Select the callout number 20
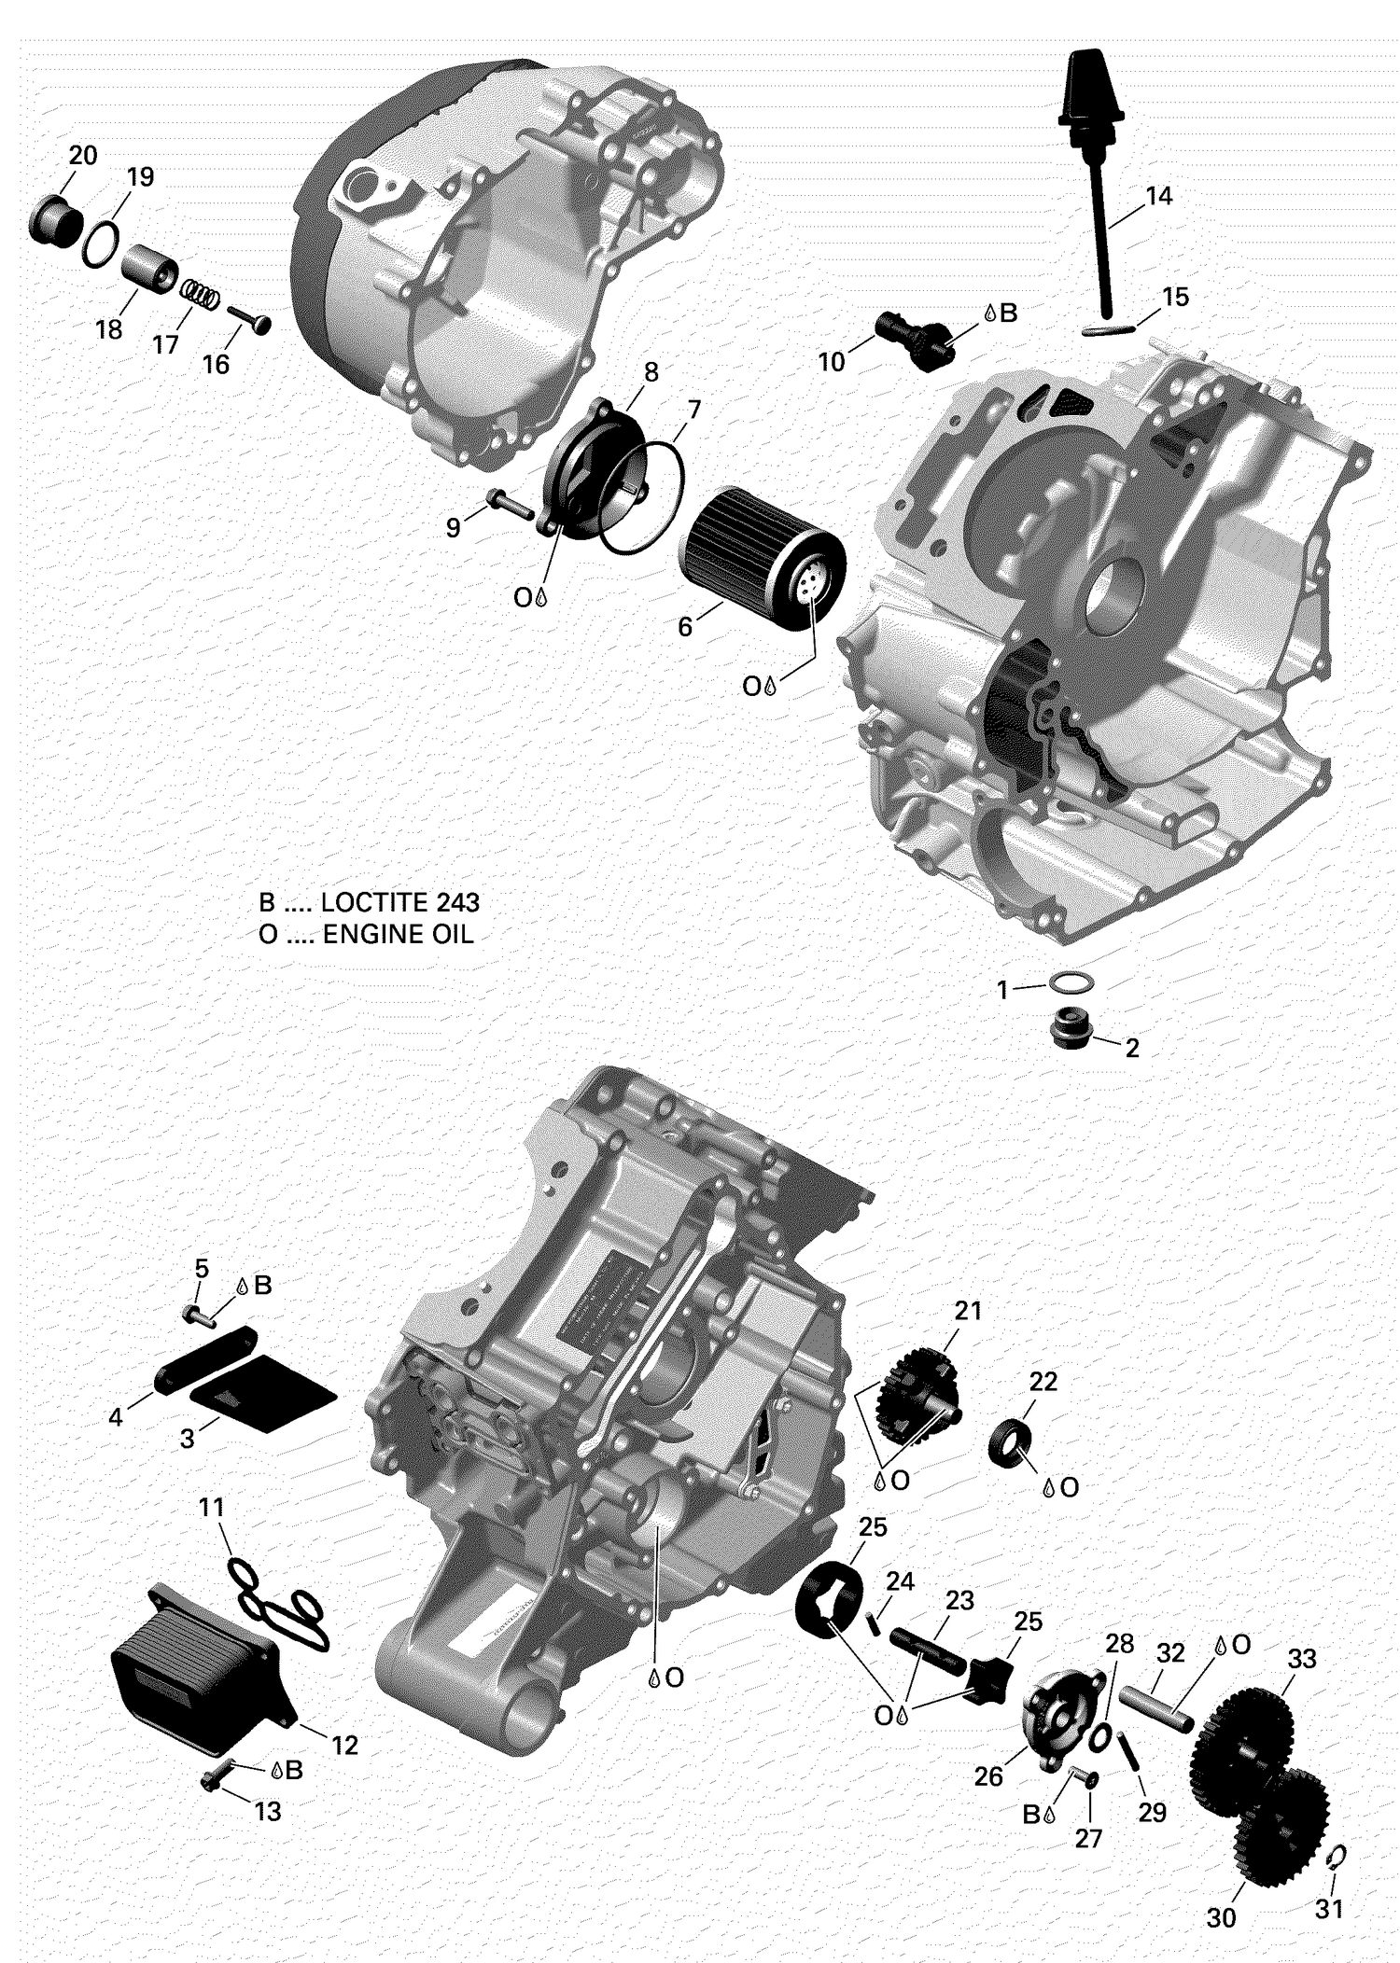83,155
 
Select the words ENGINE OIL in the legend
398,934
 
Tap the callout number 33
1302,1658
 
